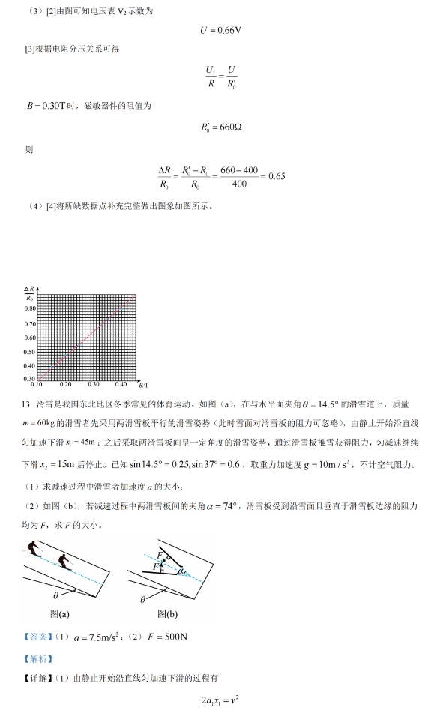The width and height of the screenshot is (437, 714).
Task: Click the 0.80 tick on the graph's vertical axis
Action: point(30,310)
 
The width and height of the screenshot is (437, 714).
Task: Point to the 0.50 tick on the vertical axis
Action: point(30,351)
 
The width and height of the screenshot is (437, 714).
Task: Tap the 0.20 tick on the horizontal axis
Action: point(65,384)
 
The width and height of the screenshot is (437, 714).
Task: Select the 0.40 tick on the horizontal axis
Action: point(121,384)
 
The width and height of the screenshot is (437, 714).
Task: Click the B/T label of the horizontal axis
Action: point(142,383)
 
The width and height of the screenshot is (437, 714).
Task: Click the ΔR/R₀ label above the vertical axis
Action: point(29,293)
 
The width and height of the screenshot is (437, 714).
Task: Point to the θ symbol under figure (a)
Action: point(55,595)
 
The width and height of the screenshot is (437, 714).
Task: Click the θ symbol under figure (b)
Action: point(143,599)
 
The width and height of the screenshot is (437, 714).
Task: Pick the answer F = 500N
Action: point(160,638)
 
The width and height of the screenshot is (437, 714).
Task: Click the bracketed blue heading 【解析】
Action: point(38,658)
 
